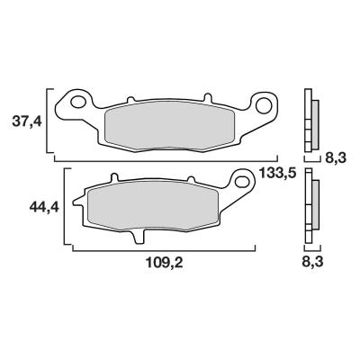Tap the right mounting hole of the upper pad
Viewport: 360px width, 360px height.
pos(264,105)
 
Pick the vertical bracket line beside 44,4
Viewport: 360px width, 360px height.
pos(65,208)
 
